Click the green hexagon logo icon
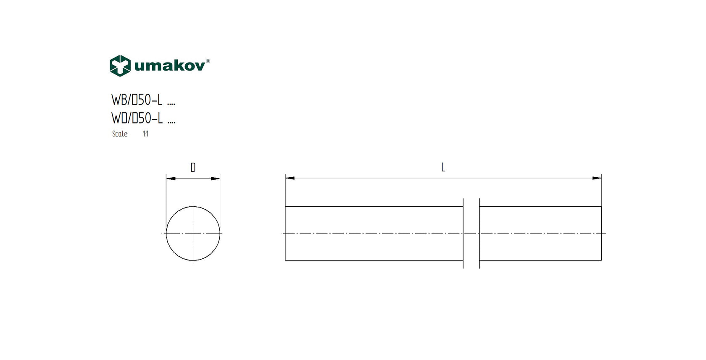tap(120, 66)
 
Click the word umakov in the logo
tap(169, 66)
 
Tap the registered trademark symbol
tap(208, 61)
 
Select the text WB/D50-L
tap(137, 100)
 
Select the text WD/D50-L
tap(137, 118)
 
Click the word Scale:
tap(120, 134)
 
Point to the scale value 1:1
tap(145, 134)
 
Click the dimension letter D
tap(193, 168)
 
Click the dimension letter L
tap(443, 168)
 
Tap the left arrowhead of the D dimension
tap(171, 179)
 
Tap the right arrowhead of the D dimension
tap(216, 179)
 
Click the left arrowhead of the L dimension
tap(290, 178)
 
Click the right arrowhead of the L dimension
tap(597, 178)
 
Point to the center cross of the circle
tap(193, 233)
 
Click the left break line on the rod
tap(463, 233)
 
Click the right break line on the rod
tap(479, 233)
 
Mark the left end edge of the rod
tap(285, 233)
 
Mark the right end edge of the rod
tap(601, 233)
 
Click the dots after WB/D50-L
tap(171, 104)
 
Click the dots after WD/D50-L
tap(171, 122)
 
